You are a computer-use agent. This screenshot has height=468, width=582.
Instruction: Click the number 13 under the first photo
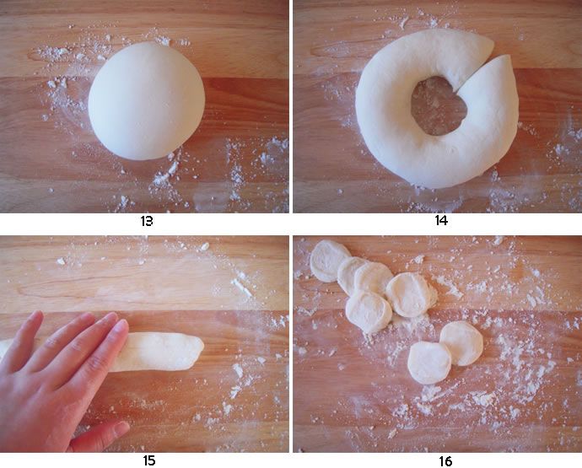point(147,222)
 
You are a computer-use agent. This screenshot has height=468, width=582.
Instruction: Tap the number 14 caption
point(441,221)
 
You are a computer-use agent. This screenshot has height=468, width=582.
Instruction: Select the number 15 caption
point(148,461)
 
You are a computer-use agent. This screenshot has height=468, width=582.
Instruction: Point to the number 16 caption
point(445,462)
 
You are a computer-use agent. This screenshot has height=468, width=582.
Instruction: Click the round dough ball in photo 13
point(146,101)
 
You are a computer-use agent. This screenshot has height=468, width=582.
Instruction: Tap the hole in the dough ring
point(438,105)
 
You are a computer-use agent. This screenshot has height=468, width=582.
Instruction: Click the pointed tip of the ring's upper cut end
point(493,45)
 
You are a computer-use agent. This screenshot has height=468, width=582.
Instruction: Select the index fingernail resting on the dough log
point(121,327)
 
